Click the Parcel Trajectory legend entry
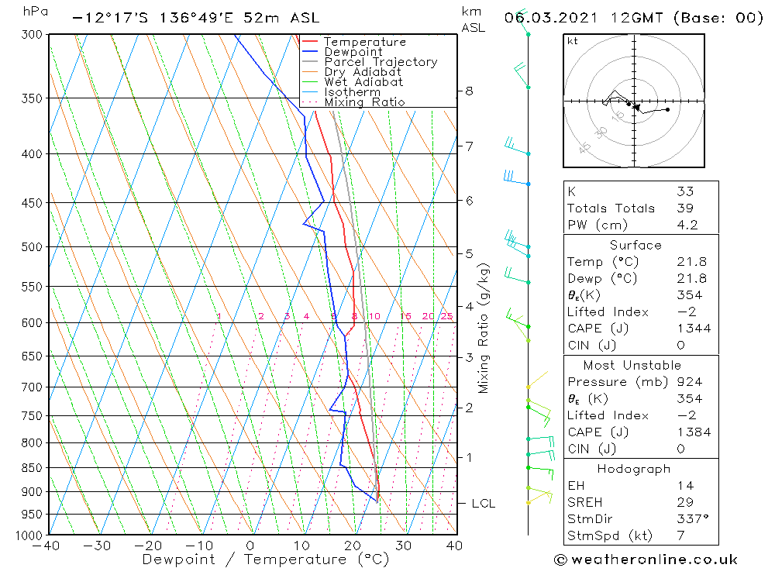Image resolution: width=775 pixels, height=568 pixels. [x=381, y=62]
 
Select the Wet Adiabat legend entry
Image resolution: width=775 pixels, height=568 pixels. [x=363, y=82]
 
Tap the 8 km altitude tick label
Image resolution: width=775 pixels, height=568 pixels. [x=470, y=91]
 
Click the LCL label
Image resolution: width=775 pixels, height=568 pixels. [x=484, y=504]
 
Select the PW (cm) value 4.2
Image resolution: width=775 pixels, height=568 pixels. [x=687, y=225]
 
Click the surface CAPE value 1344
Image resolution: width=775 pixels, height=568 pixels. [x=693, y=329]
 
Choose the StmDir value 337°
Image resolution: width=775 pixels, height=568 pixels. [x=691, y=519]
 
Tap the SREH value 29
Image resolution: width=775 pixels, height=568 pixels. [x=685, y=503]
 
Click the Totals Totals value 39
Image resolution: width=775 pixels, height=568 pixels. [x=685, y=208]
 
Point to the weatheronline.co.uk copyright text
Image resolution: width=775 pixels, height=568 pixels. [x=646, y=559]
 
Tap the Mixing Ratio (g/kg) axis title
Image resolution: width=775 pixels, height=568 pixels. [x=484, y=328]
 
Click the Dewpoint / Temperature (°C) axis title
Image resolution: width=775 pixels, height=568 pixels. [x=266, y=559]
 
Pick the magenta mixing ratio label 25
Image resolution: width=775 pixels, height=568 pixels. [x=446, y=316]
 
